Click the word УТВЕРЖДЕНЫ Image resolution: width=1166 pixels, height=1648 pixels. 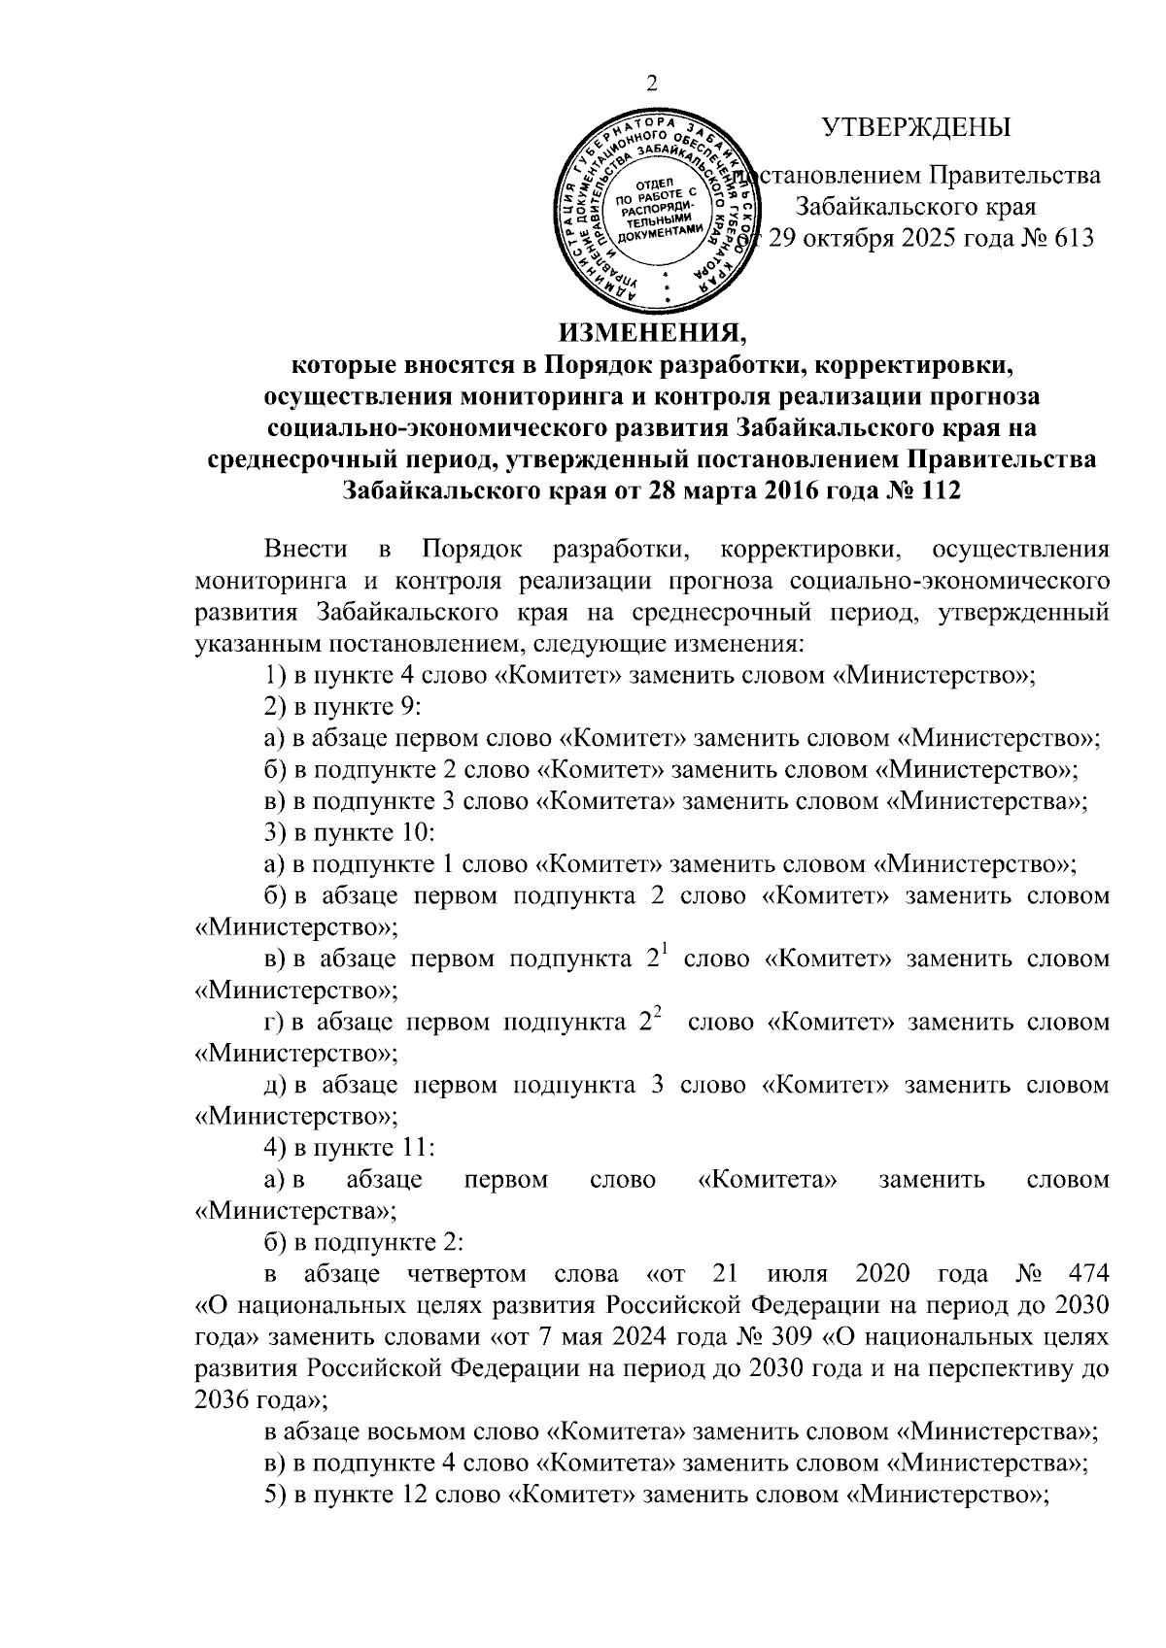(915, 128)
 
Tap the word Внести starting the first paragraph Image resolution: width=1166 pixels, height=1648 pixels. (306, 550)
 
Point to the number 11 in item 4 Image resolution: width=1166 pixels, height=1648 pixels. (415, 1147)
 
